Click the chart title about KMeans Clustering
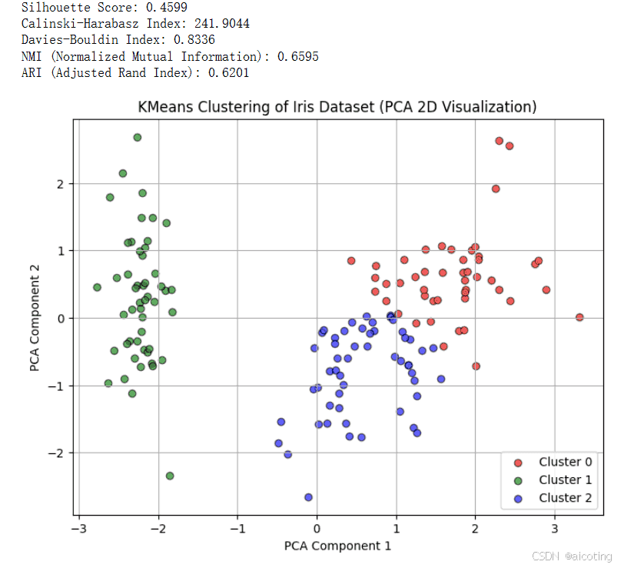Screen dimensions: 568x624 (x=337, y=107)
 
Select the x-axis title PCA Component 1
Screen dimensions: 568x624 (x=337, y=546)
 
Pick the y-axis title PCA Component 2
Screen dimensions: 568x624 (x=35, y=319)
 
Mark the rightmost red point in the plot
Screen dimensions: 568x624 (x=579, y=317)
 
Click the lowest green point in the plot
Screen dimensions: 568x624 (x=170, y=476)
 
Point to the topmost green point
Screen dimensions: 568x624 (x=138, y=138)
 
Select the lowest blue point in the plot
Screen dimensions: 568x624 (x=308, y=497)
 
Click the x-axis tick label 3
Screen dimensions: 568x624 (x=555, y=529)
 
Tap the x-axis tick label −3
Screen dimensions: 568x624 (x=76, y=529)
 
